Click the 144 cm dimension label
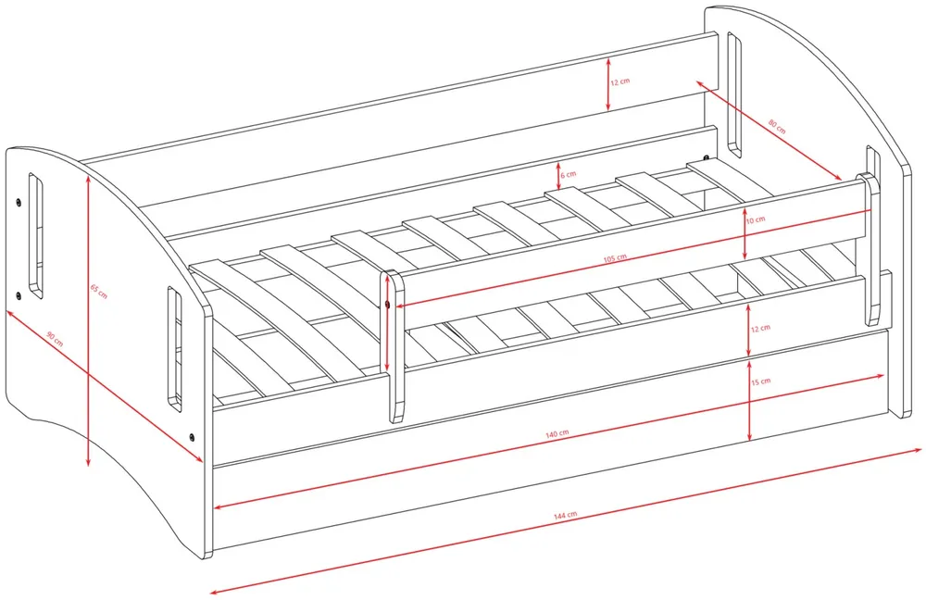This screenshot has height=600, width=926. pyautogui.click(x=565, y=516)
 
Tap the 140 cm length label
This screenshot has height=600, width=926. pyautogui.click(x=557, y=433)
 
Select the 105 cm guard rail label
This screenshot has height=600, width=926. pyautogui.click(x=615, y=258)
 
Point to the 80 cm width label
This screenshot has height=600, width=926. pyautogui.click(x=777, y=126)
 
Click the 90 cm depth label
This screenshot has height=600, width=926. pyautogui.click(x=55, y=339)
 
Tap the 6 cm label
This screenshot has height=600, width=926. pyautogui.click(x=568, y=175)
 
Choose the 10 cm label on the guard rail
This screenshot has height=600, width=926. pyautogui.click(x=756, y=219)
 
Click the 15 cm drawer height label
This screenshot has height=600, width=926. pyautogui.click(x=760, y=381)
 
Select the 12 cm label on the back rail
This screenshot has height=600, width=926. pyautogui.click(x=620, y=81)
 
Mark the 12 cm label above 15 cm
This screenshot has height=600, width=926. pyautogui.click(x=760, y=329)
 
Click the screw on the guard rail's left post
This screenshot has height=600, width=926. pyautogui.click(x=387, y=304)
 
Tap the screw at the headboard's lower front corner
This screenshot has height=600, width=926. pyautogui.click(x=192, y=437)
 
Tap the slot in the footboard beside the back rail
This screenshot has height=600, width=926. pyautogui.click(x=734, y=94)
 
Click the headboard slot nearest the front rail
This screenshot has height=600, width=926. pyautogui.click(x=175, y=348)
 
